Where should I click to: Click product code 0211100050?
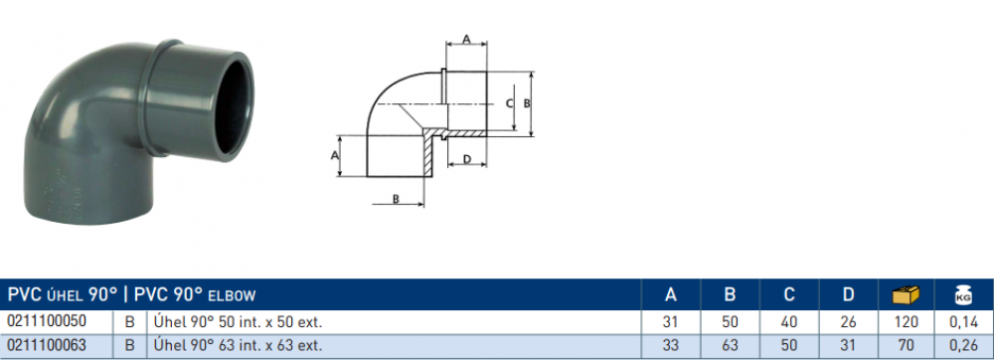coord(47,321)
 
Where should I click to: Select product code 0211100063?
coord(47,345)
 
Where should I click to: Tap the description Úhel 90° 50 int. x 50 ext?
coord(239,322)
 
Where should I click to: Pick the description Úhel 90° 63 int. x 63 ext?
coord(239,346)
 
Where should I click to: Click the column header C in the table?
coord(789,294)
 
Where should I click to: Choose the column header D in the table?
coord(848,294)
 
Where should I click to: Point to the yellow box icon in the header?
coord(906,294)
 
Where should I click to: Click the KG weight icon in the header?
coord(963,294)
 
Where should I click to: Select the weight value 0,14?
coord(963,322)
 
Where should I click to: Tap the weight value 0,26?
coord(963,346)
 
